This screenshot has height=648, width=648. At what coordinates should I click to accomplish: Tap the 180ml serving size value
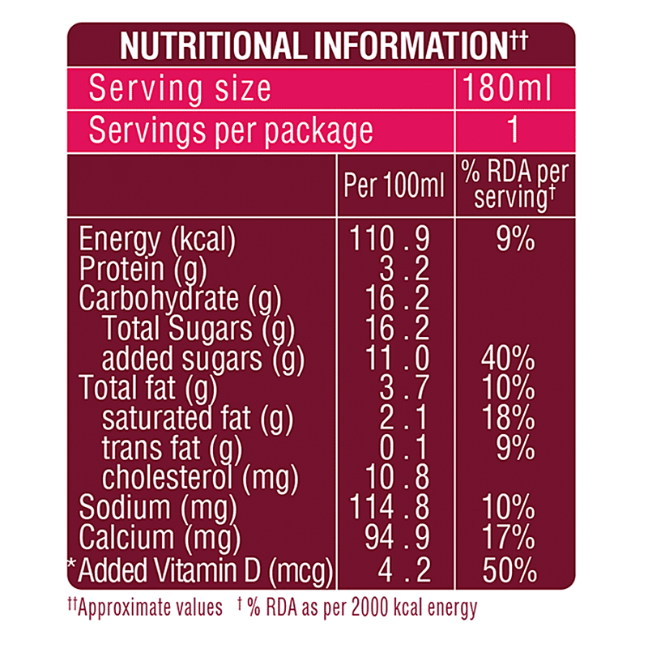(x=508, y=88)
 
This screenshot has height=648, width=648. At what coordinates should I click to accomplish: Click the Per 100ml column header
(x=394, y=187)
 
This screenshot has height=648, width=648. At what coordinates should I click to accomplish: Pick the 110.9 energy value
(x=390, y=239)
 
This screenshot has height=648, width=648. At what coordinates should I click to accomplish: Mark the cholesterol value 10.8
(x=397, y=477)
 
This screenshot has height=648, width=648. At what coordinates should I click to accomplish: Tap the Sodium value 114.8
(x=390, y=508)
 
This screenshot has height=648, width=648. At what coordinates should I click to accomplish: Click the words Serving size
(x=180, y=88)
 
